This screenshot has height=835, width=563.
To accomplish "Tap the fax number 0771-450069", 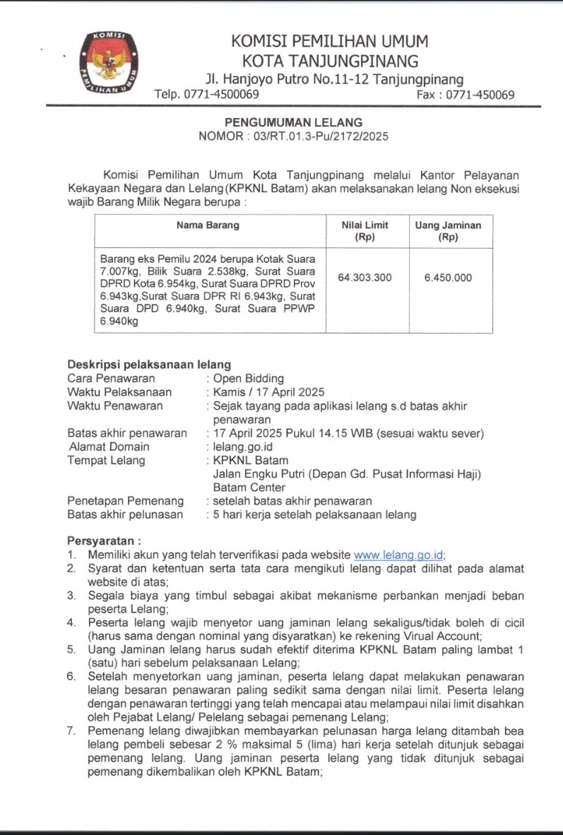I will click(480, 95).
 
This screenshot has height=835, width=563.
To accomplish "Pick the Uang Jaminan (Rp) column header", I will click(448, 231).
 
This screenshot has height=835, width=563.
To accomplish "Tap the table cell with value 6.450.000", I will click(448, 278).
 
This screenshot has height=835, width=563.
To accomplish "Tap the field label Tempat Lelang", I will click(106, 461).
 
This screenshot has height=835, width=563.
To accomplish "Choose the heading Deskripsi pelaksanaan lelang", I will click(149, 365).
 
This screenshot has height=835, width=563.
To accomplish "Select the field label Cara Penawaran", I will click(111, 379).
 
